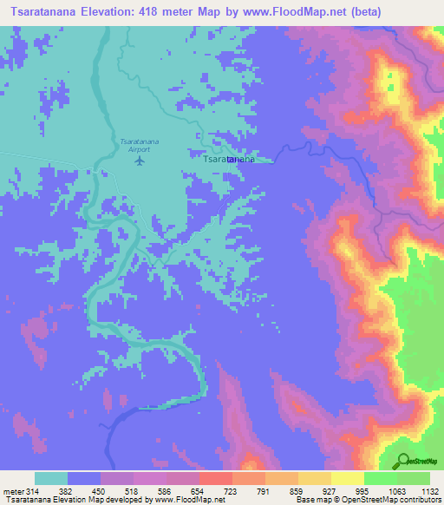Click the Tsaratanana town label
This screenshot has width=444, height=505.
pos(227,161)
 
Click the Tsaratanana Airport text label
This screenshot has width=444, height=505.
pos(135,145)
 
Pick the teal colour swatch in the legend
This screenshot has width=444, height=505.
pos(51,478)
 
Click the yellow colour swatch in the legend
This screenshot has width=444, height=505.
pos(347,478)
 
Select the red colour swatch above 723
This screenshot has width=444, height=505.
pos(215,478)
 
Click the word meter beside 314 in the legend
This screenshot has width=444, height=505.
pos(15,490)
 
